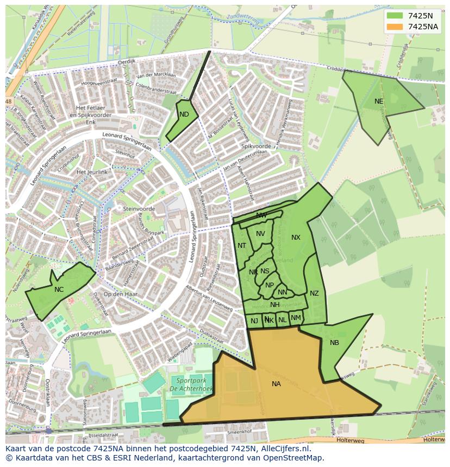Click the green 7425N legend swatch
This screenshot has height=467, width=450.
click(x=395, y=15)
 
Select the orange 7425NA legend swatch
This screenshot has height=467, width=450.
click(x=395, y=27)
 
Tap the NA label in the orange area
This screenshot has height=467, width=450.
click(x=276, y=383)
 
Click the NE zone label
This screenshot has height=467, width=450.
click(x=379, y=101)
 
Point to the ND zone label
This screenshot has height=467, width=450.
click(x=184, y=114)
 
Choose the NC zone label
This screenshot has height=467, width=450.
click(x=59, y=289)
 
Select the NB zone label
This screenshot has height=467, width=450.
click(x=334, y=342)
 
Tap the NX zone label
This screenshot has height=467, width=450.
click(x=296, y=237)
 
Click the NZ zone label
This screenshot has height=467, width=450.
click(x=314, y=293)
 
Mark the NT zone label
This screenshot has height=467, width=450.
click(x=242, y=246)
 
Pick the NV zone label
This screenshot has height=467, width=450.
click(x=260, y=234)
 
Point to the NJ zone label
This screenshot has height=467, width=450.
click(x=254, y=321)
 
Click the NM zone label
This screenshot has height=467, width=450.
click(x=296, y=318)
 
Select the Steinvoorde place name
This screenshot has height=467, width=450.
click(x=139, y=209)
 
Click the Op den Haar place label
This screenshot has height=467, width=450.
click(x=120, y=294)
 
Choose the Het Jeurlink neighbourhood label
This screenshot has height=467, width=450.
click(x=92, y=172)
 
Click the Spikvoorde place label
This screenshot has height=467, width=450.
click(x=255, y=146)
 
